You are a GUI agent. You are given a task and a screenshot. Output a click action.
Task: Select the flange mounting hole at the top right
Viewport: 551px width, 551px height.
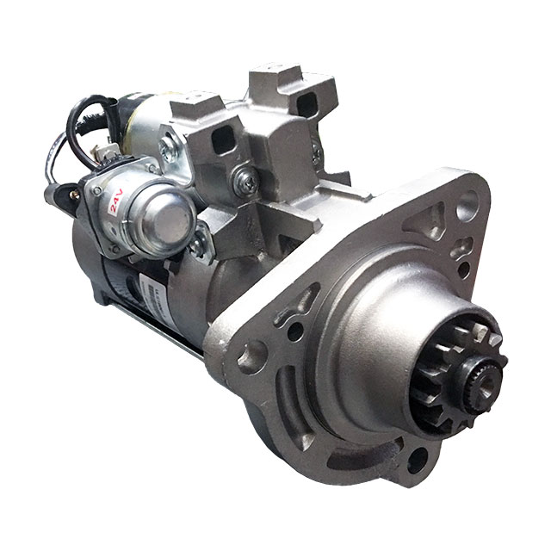467,207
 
